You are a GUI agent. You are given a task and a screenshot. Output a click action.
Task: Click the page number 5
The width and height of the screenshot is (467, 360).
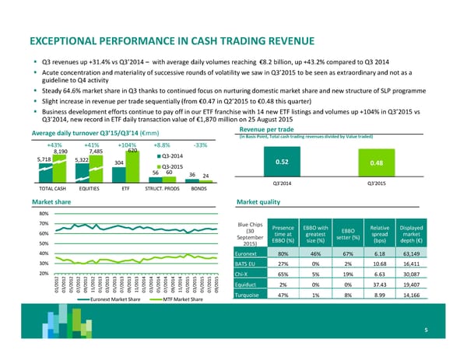pos(427,330)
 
